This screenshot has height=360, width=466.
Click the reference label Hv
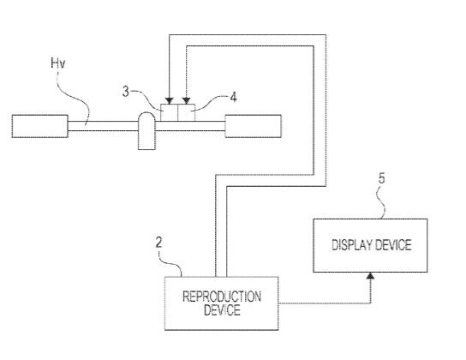point(58,63)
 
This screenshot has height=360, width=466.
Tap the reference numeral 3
point(126,92)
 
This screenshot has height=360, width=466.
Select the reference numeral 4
point(234,97)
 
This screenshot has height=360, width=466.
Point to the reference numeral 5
point(381,178)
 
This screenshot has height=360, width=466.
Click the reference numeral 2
point(159,243)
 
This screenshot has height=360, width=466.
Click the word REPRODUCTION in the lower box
point(222,297)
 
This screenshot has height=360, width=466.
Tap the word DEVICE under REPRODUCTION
point(222,310)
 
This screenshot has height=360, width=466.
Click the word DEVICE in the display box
point(393,245)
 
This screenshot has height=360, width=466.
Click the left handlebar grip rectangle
point(39,126)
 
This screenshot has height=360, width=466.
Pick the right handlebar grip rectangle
point(253,126)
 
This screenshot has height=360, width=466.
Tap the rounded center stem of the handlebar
point(146,131)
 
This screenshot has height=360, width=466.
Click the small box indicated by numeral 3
point(169,112)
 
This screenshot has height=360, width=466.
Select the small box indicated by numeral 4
point(187,112)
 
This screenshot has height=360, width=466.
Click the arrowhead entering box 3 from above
point(169,101)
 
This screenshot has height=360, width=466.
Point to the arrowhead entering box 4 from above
point(187,101)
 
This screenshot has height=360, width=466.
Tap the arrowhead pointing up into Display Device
point(370,276)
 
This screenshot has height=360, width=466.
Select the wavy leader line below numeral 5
point(381,202)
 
